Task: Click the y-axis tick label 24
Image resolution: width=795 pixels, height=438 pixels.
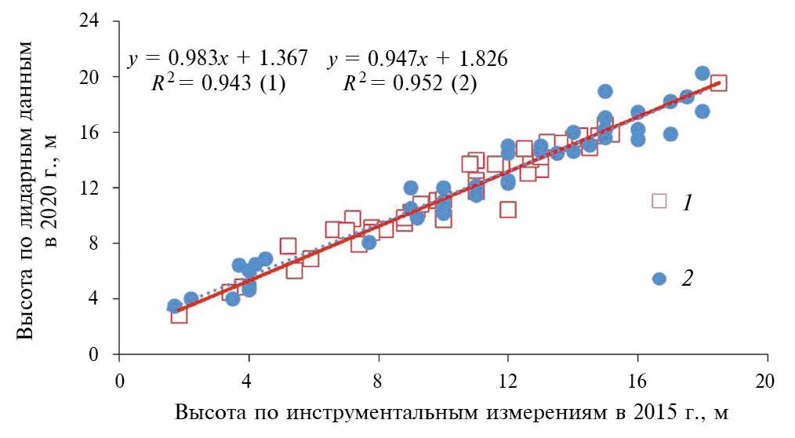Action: coord(95,22)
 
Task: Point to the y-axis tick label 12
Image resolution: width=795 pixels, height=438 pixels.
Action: coord(95,188)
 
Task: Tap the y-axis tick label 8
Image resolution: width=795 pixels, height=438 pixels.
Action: coord(100,244)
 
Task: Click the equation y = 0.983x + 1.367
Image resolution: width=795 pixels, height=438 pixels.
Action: coord(217,59)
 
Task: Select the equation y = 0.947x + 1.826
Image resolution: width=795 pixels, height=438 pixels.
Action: coord(418,59)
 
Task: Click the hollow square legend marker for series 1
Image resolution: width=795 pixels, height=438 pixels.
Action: coord(659,201)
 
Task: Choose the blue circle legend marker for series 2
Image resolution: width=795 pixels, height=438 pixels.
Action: coord(659,279)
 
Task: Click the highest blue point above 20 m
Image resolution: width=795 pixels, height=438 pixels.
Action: coord(702,74)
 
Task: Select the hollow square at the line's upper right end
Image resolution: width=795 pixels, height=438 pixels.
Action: coord(718,83)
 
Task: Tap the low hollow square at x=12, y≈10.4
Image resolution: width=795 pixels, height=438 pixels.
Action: coord(508,210)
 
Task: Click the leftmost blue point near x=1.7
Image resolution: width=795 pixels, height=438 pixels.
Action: coord(174,306)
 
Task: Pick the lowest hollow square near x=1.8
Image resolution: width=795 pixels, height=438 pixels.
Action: coord(179,315)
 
